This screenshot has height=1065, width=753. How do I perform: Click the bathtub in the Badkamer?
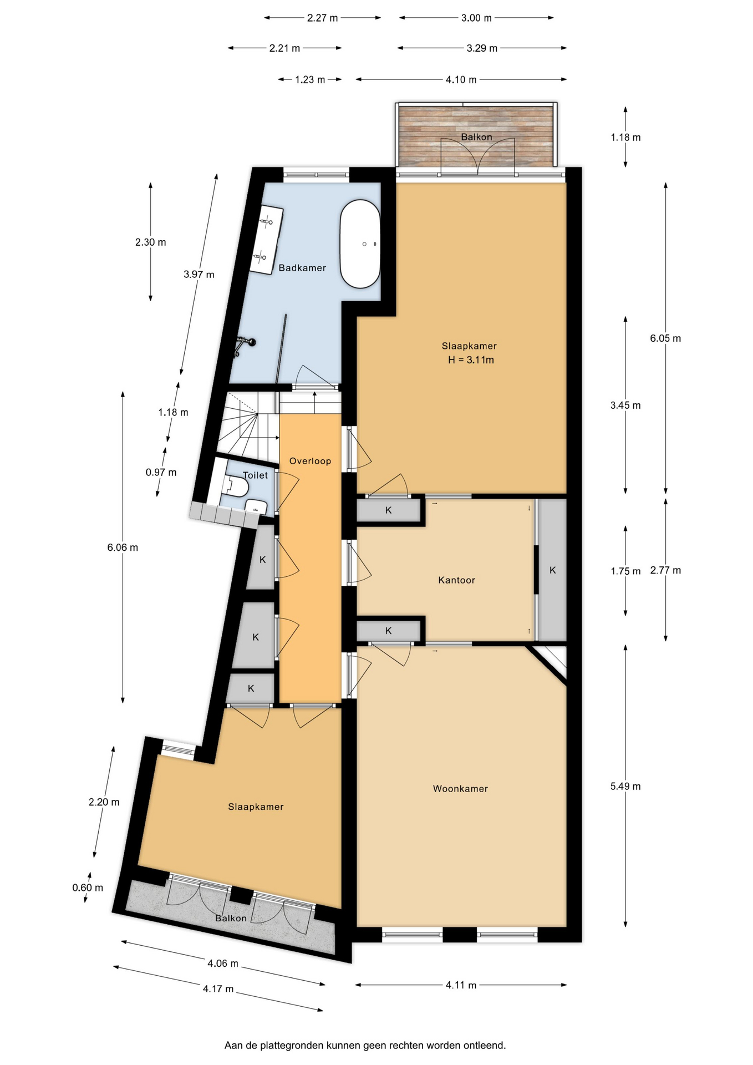[x=360, y=244]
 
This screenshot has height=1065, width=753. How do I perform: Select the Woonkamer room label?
[x=460, y=789]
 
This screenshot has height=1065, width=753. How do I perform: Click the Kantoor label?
[x=456, y=580]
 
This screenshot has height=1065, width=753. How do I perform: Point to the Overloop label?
[x=310, y=461]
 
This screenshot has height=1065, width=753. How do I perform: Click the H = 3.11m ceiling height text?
[x=471, y=360]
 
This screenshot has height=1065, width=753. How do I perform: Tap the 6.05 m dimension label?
[x=665, y=338]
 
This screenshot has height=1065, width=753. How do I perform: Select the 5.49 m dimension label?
[x=625, y=786]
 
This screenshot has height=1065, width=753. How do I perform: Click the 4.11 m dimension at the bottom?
[x=461, y=985]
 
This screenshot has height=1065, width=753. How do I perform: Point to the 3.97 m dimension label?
[x=199, y=274]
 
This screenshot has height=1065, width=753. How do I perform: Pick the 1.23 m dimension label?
[x=309, y=79]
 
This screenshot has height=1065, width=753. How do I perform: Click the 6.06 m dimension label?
[x=123, y=547]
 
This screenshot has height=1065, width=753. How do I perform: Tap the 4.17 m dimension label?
[x=218, y=988]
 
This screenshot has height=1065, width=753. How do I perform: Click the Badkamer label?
[x=302, y=268]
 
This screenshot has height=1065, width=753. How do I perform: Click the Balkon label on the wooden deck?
[x=476, y=137]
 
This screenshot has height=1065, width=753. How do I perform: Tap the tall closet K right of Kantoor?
[x=552, y=570]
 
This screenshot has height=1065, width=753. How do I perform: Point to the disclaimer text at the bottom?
[x=365, y=1045]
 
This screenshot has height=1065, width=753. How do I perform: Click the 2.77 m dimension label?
[x=665, y=570]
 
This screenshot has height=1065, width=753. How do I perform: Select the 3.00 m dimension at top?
[x=476, y=18]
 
